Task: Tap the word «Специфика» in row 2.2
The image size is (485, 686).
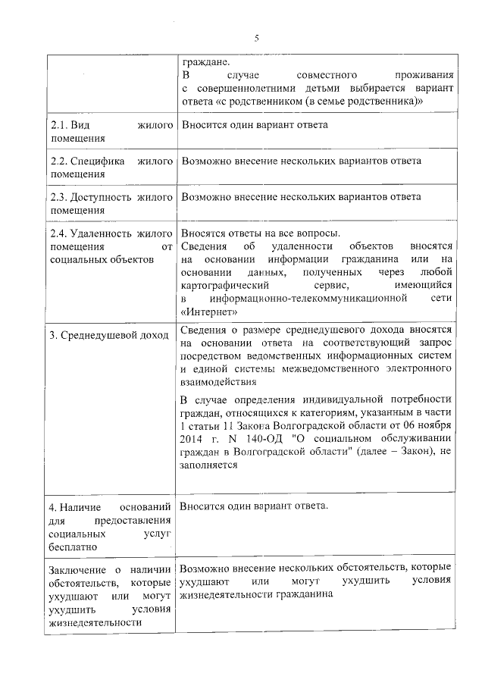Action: (98, 161)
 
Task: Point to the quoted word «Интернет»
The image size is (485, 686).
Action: (213, 311)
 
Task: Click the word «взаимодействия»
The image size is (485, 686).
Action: (216, 384)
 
